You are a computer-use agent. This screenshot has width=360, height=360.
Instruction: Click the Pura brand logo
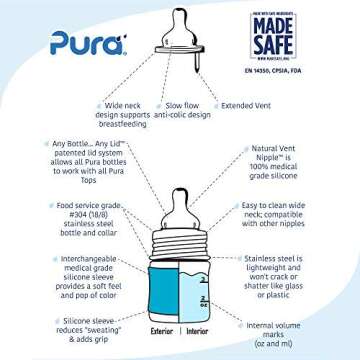click(89, 43)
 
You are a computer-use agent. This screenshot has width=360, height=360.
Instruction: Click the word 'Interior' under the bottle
click(197, 331)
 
